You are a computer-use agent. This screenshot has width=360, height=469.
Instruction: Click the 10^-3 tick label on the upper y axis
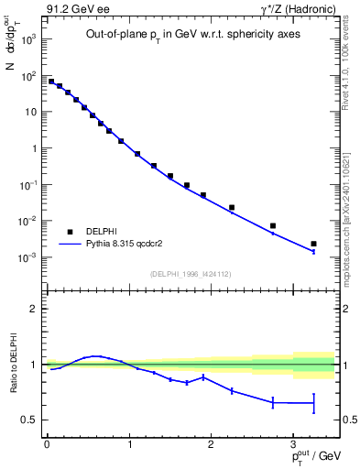pyautogui.click(x=27, y=257)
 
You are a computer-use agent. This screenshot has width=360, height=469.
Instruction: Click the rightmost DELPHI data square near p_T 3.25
pyautogui.click(x=313, y=244)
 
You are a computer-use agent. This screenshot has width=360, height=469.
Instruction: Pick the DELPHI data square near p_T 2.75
pyautogui.click(x=272, y=225)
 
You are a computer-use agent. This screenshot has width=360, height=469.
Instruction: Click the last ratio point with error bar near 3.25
pyautogui.click(x=313, y=403)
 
